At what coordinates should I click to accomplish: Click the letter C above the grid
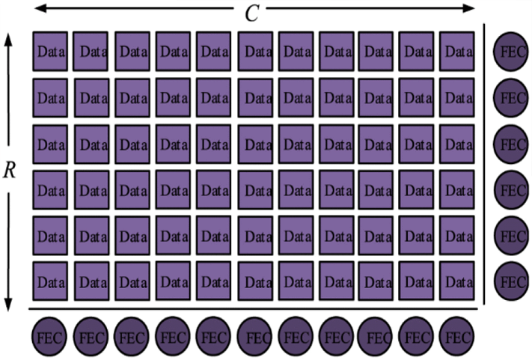click(252, 14)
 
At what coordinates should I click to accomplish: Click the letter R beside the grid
click(10, 170)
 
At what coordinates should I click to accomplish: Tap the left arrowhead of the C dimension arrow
click(40, 7)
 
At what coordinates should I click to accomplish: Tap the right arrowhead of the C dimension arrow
click(468, 7)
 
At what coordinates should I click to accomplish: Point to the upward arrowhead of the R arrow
click(8, 40)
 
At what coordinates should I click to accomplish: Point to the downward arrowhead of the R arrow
click(8, 305)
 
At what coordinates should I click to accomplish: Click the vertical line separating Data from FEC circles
click(484, 164)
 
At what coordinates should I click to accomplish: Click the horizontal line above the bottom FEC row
click(253, 309)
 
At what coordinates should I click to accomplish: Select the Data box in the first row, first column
click(50, 51)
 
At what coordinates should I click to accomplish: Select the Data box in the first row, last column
click(457, 51)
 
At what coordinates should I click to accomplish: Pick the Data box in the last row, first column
click(50, 281)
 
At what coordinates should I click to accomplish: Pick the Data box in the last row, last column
click(457, 281)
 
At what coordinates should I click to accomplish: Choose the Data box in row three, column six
click(255, 144)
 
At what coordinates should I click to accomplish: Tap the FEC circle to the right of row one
click(511, 52)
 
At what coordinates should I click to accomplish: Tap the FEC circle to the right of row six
click(511, 281)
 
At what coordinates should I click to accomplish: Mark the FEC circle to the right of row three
click(511, 144)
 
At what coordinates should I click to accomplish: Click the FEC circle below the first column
click(49, 337)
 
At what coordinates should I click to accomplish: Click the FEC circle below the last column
click(456, 337)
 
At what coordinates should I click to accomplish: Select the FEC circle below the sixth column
click(255, 337)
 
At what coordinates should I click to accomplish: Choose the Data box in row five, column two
click(92, 236)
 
